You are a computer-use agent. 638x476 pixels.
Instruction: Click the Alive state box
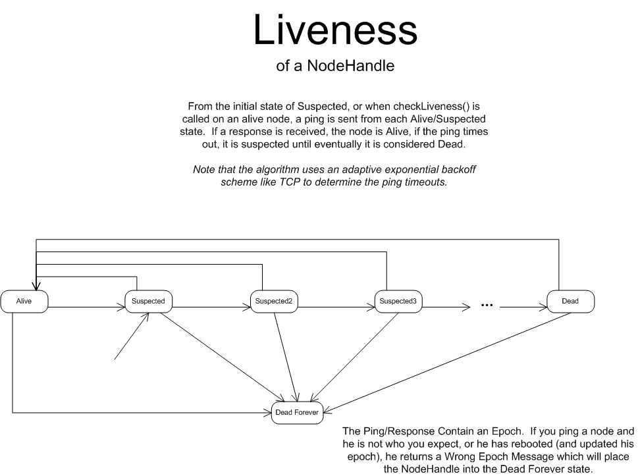24,301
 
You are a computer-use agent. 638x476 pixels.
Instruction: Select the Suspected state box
148,301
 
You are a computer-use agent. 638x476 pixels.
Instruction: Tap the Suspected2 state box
273,301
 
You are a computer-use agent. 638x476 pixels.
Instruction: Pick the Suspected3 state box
398,301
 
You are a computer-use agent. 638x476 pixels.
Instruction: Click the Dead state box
570,301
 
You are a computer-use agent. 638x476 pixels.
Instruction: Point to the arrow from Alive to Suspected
86,306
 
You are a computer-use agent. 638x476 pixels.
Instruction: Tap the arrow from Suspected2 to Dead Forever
285,356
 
